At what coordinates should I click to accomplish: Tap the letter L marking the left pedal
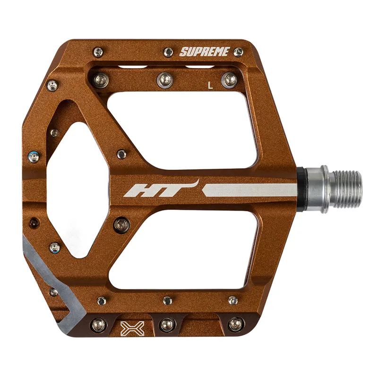(x=211, y=86)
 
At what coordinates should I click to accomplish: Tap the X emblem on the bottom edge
(x=129, y=327)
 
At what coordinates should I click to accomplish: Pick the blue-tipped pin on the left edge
(x=33, y=156)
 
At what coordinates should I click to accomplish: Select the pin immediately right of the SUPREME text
(x=239, y=51)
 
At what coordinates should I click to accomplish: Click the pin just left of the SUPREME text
(x=168, y=52)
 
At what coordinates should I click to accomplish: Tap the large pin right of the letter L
(x=231, y=79)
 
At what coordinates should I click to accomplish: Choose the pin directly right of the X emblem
(x=167, y=324)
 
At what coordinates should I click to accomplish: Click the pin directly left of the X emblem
(x=99, y=324)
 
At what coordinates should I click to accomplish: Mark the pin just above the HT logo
(x=121, y=154)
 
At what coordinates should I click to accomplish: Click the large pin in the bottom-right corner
(x=235, y=324)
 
